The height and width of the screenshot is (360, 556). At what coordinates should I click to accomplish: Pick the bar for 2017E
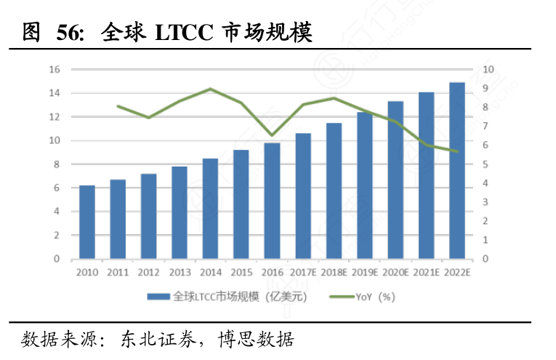(303, 196)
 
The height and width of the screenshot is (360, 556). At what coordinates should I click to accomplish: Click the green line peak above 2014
(210, 89)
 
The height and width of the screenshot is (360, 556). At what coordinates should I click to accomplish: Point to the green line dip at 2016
(272, 135)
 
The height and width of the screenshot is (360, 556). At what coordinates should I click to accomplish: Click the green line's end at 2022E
(457, 151)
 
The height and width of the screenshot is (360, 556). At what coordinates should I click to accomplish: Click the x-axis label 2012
(148, 272)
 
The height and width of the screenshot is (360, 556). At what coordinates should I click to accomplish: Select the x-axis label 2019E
(365, 272)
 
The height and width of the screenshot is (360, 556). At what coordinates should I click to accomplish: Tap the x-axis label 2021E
(427, 272)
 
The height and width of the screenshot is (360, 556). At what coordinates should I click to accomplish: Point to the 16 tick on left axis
(55, 70)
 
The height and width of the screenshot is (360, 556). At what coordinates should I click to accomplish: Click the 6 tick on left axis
(57, 188)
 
